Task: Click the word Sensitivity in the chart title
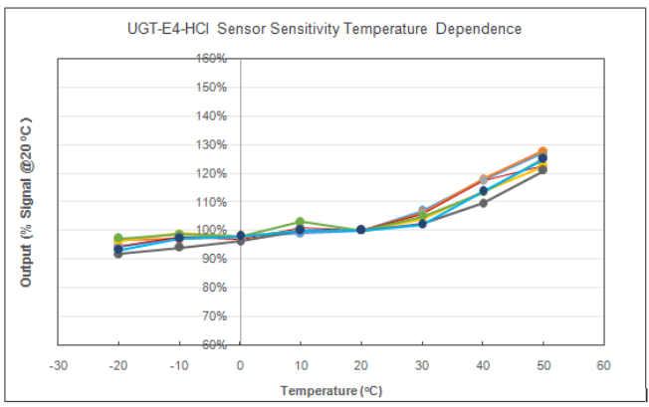(305, 30)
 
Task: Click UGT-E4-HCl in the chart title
(167, 29)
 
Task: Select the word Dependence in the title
(479, 29)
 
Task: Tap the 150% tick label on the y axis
(211, 88)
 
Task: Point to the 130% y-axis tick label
(211, 144)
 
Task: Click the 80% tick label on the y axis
(214, 288)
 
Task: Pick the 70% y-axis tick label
(214, 316)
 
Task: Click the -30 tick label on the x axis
(58, 365)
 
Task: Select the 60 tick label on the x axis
(603, 365)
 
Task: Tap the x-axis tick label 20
(361, 365)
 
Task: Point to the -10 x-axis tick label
(179, 365)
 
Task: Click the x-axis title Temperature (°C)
(331, 391)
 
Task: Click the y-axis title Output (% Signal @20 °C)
(26, 202)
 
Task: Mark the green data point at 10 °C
(300, 222)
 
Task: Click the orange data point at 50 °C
(542, 151)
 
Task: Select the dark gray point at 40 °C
(483, 203)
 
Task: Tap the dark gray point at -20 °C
(118, 254)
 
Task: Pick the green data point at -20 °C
(118, 238)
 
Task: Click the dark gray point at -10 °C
(179, 247)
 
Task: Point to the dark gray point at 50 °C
(542, 170)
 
